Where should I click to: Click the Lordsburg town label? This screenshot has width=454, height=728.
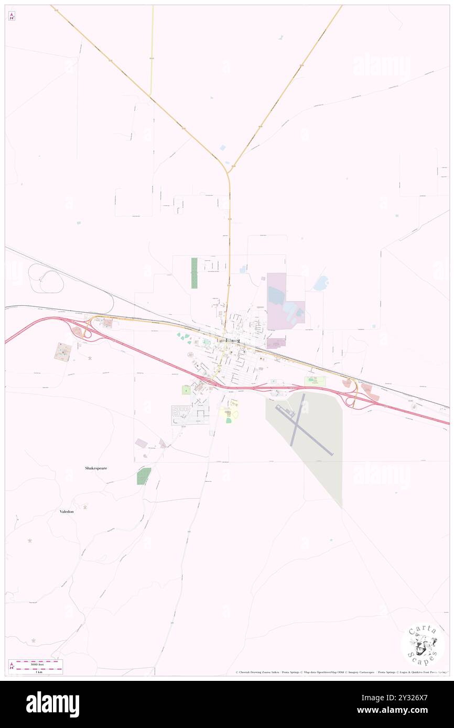click(228, 340)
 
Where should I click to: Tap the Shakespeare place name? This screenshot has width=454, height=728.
click(96, 468)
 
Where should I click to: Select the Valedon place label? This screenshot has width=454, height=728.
click(67, 511)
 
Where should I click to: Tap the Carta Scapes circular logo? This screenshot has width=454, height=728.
click(423, 645)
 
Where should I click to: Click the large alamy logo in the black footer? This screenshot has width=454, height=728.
click(53, 704)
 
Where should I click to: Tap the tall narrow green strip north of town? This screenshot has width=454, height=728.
click(194, 273)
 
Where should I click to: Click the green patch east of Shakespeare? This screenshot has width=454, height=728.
click(144, 476)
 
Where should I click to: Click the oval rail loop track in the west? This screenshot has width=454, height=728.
click(46, 278)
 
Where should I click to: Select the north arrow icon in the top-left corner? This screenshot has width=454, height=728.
click(12, 16)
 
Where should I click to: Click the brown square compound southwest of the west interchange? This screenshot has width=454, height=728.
click(63, 351)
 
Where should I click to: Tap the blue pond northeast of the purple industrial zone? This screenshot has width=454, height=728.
click(320, 283)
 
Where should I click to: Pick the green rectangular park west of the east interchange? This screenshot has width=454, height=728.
click(315, 381)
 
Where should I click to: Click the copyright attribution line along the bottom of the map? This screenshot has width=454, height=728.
click(341, 672)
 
